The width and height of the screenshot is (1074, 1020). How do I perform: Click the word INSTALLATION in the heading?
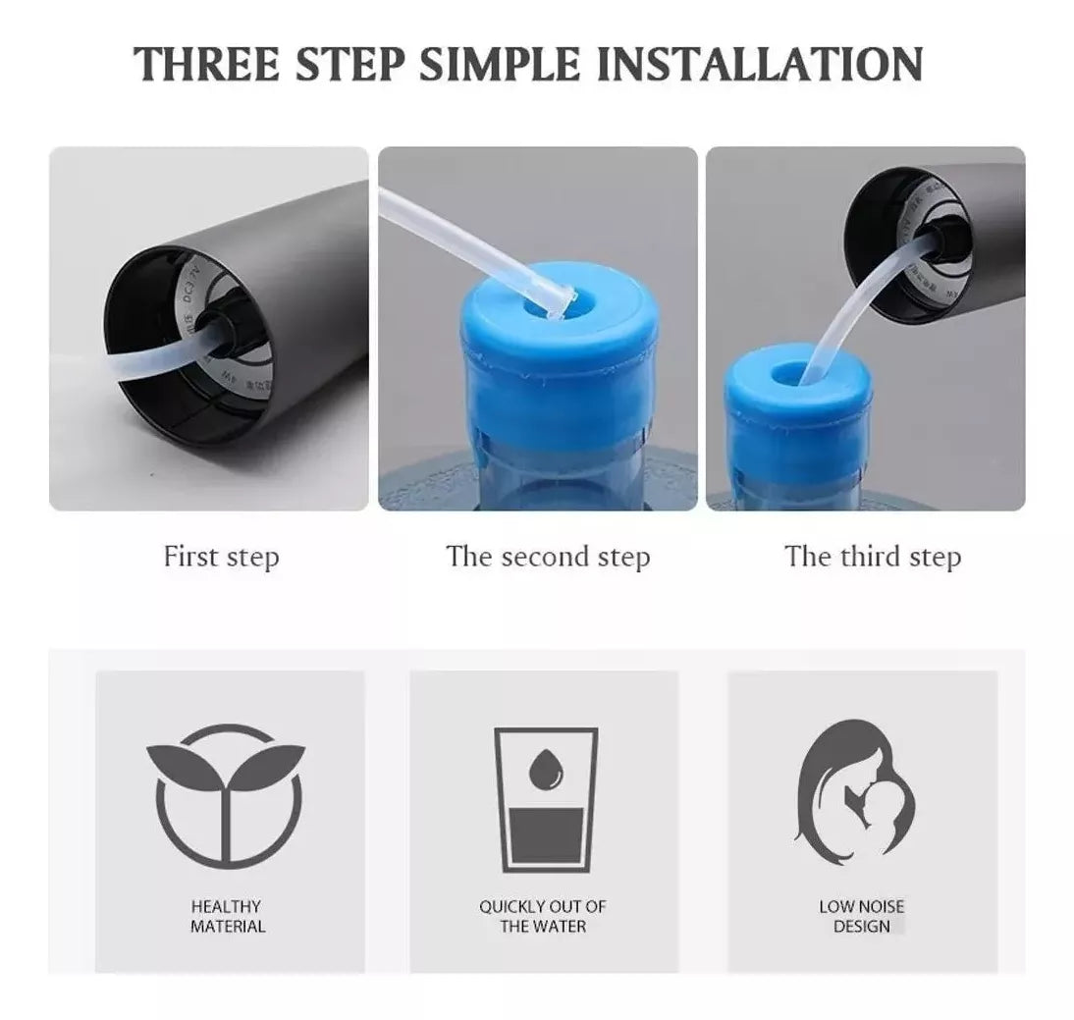tap(763, 63)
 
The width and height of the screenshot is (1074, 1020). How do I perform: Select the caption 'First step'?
tap(221, 557)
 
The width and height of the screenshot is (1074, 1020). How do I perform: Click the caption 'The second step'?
tap(548, 557)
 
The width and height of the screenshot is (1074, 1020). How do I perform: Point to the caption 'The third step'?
tap(872, 557)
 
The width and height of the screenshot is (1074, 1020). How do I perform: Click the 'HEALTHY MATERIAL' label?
tap(228, 916)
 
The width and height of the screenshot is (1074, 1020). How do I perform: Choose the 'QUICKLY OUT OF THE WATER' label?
tap(543, 916)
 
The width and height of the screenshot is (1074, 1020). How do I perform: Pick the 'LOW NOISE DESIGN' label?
tap(861, 916)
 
